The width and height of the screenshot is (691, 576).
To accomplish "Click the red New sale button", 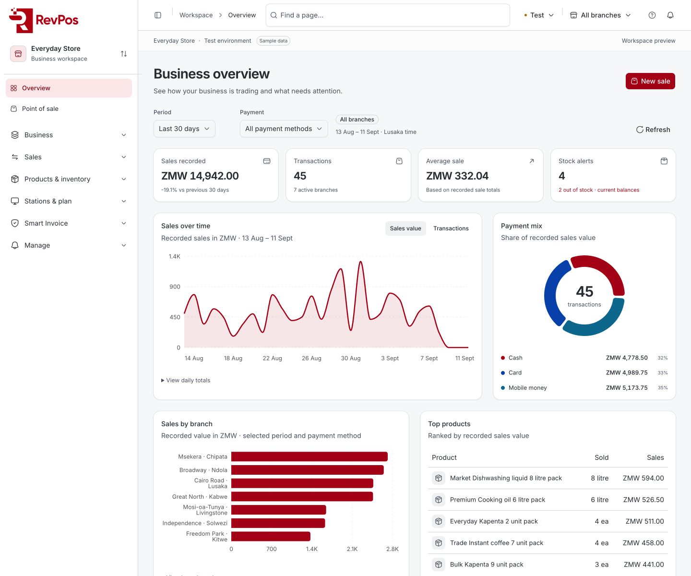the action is [650, 81].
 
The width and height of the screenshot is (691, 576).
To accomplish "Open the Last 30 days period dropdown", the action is [184, 129].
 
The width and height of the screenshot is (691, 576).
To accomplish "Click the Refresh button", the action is [653, 130].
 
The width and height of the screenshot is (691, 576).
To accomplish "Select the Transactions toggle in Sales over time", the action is [451, 228].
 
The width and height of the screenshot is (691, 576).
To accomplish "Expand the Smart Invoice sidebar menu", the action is [69, 223].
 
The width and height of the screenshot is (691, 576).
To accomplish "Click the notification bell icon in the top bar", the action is [670, 15].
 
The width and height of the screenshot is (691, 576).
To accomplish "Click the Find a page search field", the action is [388, 15].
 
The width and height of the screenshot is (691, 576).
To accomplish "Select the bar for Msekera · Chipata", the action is [309, 456].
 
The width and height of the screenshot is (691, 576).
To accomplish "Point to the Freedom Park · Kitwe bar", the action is [271, 536].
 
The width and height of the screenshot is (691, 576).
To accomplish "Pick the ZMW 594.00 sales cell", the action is [643, 478].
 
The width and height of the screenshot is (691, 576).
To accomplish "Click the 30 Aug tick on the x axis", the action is [350, 358].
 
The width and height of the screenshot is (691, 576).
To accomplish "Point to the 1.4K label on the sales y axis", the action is [174, 256].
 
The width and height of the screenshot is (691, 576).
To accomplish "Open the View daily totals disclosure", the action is [186, 380].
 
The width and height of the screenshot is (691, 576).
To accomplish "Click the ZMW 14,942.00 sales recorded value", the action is [200, 176].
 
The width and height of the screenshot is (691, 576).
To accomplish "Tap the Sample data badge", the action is [274, 41].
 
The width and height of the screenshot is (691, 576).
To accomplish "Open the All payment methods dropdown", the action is [284, 129].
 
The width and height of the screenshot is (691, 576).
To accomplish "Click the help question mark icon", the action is [652, 15].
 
